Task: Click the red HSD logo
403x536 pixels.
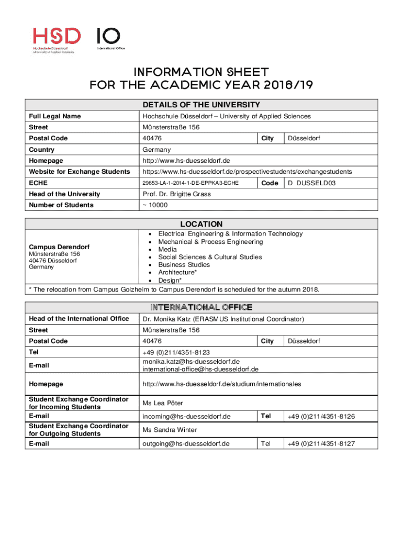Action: (57, 40)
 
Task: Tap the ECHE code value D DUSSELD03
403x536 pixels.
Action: (311, 183)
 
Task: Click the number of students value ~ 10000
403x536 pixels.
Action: (155, 205)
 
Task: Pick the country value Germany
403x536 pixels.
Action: (156, 150)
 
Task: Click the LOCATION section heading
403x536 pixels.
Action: (201, 224)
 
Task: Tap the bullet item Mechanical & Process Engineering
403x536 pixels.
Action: (210, 242)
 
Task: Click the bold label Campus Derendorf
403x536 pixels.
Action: (59, 247)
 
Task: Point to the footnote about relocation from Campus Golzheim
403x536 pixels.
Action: (174, 289)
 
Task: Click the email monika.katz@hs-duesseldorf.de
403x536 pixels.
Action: (191, 361)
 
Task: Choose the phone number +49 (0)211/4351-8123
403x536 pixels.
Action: (176, 353)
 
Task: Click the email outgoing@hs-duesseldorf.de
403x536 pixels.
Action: (186, 443)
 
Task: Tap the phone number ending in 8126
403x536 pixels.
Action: (321, 417)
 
